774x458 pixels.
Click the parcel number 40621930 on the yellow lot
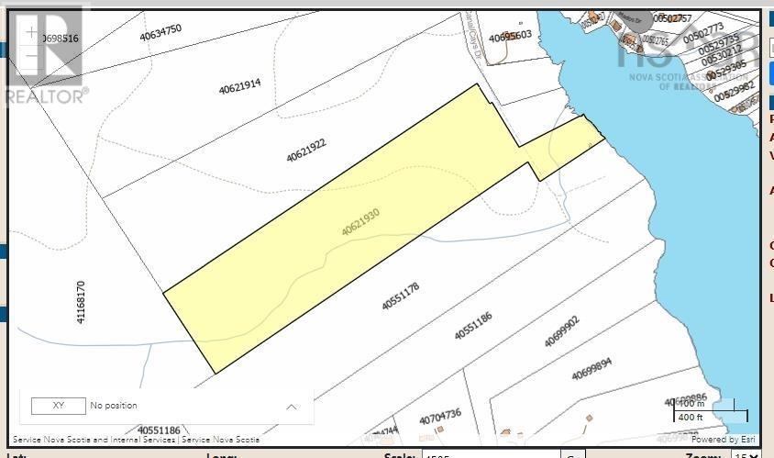pos(360,223)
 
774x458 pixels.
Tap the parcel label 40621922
pos(306,150)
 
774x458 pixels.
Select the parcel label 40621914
pos(240,86)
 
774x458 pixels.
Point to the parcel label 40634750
pos(160,33)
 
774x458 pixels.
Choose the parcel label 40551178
pos(401,295)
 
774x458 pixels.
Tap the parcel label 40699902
pos(562,331)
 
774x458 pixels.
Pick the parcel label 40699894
pos(592,369)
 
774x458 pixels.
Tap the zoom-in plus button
pos(32,32)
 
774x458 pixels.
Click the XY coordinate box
pos(58,405)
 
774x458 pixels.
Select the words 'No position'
pos(114,405)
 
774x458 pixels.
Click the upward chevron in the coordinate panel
pos(292,406)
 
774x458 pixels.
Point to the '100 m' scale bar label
pos(691,403)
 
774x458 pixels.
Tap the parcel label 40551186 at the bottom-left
pos(160,430)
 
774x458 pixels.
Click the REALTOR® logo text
pos(47,95)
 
